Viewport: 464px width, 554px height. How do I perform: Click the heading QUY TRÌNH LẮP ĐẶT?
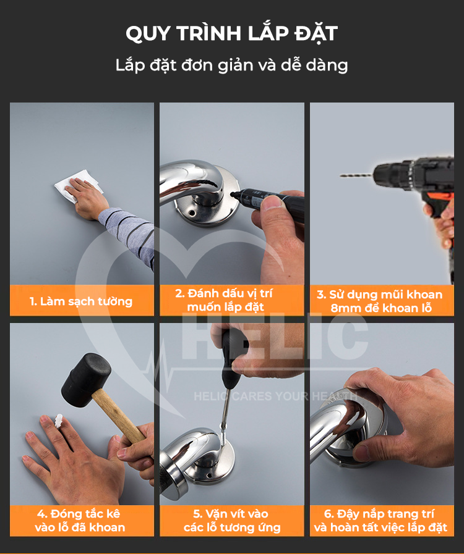tap(231, 33)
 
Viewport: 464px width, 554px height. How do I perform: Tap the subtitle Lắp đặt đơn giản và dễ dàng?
tap(232, 65)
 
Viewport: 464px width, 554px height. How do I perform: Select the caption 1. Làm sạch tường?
tap(80, 301)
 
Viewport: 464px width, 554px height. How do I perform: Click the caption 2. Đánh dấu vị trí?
tap(224, 293)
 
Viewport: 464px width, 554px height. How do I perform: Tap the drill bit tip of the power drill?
tap(341, 175)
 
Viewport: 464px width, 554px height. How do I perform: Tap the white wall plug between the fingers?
tap(58, 421)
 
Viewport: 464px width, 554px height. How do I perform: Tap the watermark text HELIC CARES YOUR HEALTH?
tap(275, 396)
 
